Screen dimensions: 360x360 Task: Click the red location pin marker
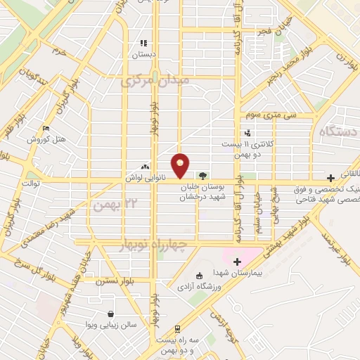coord(181,164)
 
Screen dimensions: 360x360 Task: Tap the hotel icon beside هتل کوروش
coord(46,129)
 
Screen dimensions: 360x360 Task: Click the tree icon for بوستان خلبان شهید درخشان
coord(202,176)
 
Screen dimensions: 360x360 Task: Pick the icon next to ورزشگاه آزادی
coord(199,275)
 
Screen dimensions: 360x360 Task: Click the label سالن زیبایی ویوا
coord(110,326)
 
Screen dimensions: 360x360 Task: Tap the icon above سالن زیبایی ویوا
coord(110,314)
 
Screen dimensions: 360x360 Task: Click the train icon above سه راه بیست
coord(178,328)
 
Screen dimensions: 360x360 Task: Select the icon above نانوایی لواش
coord(145,167)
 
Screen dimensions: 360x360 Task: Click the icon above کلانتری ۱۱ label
coord(247,132)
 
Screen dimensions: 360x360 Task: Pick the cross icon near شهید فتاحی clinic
coord(330,178)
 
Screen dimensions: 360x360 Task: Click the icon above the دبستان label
coord(143,42)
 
